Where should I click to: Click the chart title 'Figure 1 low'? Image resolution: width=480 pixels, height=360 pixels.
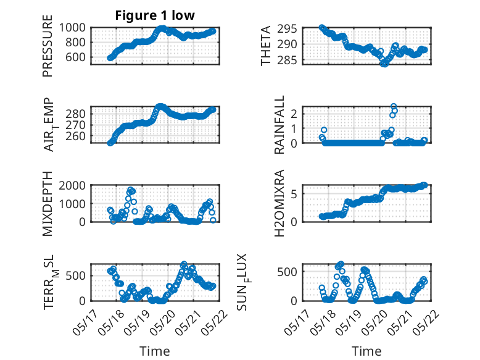(x=155, y=15)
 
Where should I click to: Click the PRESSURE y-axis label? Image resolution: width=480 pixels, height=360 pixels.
(x=48, y=46)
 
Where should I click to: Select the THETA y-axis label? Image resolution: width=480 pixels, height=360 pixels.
(x=266, y=46)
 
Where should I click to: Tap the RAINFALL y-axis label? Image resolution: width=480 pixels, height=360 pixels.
(x=279, y=125)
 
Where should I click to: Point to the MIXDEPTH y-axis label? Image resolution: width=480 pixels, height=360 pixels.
(x=48, y=204)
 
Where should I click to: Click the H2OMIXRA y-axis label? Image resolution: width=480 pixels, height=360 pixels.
(x=279, y=203)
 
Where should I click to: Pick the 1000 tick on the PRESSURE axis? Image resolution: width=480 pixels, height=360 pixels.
(x=72, y=28)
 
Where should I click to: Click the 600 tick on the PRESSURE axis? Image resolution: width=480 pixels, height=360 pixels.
(x=76, y=57)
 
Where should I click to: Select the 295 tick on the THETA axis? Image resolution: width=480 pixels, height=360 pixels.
(x=288, y=29)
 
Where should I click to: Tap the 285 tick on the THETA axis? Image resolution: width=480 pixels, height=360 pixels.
(x=288, y=61)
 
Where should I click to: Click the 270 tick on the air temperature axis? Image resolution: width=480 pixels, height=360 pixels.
(x=76, y=125)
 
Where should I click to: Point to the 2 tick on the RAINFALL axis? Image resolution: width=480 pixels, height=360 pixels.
(x=294, y=114)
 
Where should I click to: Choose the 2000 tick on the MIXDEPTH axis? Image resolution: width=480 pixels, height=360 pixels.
(x=72, y=185)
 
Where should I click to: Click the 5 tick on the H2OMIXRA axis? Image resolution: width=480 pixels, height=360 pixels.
(x=294, y=194)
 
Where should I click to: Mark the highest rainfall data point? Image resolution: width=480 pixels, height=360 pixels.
(x=394, y=106)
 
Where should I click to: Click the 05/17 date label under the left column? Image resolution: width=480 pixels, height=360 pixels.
(x=85, y=322)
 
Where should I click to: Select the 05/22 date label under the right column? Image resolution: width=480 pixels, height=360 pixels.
(x=427, y=322)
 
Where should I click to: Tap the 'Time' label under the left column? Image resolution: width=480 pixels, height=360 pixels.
(x=155, y=351)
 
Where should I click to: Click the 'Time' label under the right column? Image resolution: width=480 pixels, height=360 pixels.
(x=366, y=351)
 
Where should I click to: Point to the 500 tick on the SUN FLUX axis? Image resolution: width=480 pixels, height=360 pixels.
(x=288, y=272)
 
